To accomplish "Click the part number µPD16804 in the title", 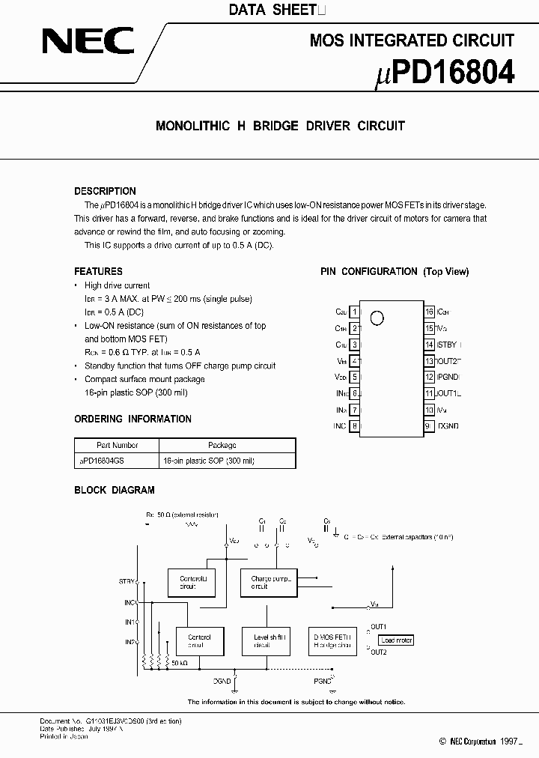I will click(x=444, y=73).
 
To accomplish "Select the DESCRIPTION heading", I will click(x=105, y=191).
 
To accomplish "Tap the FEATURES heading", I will click(x=98, y=271).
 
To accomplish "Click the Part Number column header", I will click(x=117, y=445).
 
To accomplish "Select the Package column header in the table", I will click(x=222, y=445).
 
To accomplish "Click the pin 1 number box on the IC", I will click(x=354, y=311).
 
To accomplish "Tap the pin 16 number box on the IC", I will click(x=429, y=311).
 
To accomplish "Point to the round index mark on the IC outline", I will click(x=377, y=318).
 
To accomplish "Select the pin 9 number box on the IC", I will click(x=429, y=426).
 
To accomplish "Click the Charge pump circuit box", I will click(x=268, y=582).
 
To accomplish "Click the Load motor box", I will click(x=396, y=640).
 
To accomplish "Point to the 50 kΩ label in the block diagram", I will click(x=179, y=663).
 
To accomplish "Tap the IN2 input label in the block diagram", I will click(x=129, y=642).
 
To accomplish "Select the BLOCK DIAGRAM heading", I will click(x=114, y=490).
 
